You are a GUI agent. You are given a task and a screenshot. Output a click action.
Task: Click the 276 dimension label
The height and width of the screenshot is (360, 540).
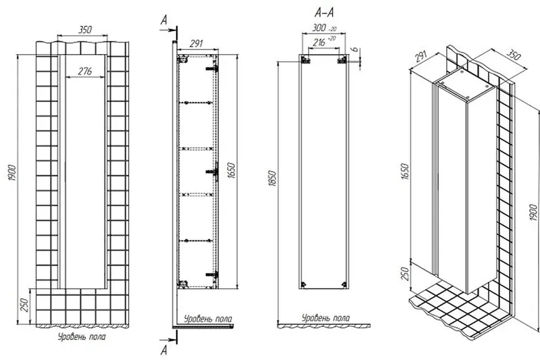coord(85,71)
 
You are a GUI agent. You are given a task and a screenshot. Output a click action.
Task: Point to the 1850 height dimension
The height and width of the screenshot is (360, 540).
coord(273,178)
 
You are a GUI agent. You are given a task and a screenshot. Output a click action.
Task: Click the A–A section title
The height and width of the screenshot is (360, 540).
coord(324,13)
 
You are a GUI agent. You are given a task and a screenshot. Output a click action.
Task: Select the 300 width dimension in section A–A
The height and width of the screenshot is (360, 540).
coord(319,28)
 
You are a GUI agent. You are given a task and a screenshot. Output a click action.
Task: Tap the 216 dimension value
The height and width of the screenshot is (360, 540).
coord(319,43)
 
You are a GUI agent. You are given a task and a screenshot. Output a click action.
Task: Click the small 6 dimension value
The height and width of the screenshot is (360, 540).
coord(355,50)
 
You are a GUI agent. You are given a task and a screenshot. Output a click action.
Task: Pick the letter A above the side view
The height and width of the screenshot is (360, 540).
coord(164,21)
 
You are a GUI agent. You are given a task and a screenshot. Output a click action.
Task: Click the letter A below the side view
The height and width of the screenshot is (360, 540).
coord(164,351)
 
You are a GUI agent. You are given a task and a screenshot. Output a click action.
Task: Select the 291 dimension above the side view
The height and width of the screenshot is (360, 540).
coord(196,44)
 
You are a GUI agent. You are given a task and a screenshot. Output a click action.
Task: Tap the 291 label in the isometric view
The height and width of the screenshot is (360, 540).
coord(420,57)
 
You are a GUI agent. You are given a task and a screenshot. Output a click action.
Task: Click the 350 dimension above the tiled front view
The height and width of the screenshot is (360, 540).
coord(85,30)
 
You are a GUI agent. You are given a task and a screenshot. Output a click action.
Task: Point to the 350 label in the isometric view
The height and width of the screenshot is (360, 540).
coord(513,55)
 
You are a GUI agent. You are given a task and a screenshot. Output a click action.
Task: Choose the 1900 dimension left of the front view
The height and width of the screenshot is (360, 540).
coord(12,174)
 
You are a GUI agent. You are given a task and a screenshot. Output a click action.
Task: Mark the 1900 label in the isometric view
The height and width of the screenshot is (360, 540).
coord(533,213)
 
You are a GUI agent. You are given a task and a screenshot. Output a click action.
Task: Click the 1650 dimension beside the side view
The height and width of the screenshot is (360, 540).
coord(232,170)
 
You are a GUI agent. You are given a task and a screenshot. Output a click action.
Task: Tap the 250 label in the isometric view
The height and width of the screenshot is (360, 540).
coord(406,274)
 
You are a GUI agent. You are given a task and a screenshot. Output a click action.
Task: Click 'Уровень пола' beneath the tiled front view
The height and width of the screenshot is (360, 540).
coord(82,336)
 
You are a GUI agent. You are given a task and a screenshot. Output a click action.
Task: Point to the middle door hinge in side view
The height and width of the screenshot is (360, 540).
coord(213,171)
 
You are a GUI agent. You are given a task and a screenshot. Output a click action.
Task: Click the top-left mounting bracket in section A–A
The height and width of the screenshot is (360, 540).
coord(305,60)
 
